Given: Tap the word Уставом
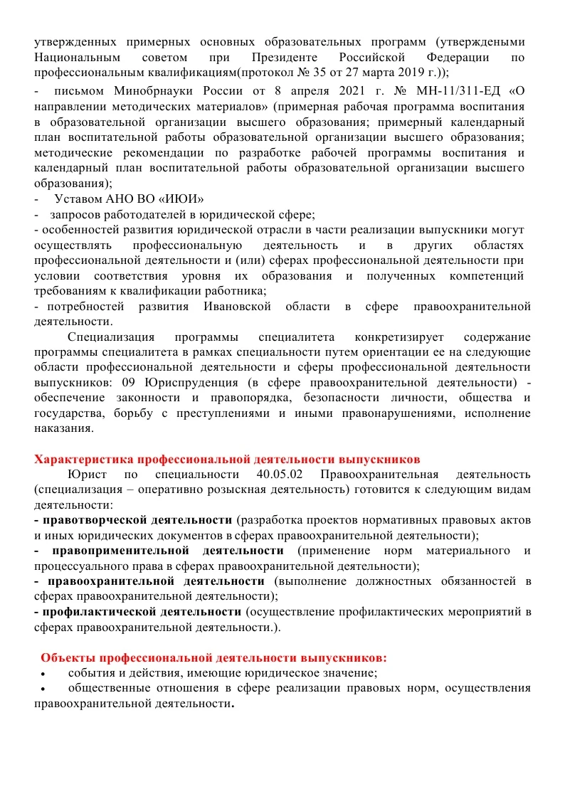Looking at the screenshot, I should click(78, 198).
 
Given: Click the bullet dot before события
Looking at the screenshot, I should click(44, 673).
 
